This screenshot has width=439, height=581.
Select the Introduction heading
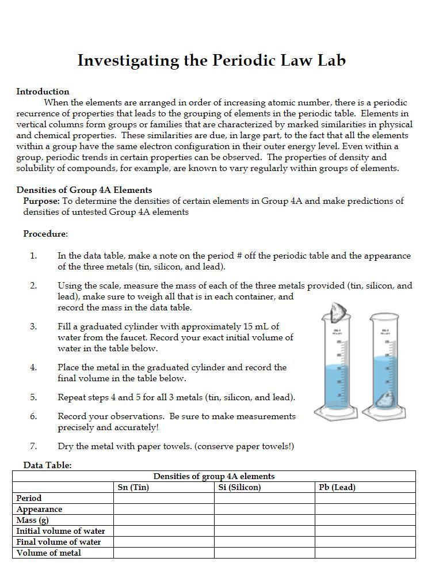43,92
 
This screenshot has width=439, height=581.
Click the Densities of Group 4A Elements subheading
84,190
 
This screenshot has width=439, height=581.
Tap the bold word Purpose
41,201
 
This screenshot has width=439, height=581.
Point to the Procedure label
45,234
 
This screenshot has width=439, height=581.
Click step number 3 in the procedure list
33,326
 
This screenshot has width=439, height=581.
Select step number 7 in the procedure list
33,446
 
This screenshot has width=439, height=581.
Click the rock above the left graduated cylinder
335,313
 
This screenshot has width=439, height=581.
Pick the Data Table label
47,465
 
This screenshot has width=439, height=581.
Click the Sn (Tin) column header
133,487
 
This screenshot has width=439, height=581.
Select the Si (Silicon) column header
239,487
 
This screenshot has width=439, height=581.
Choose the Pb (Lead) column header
337,487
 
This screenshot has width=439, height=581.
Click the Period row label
29,498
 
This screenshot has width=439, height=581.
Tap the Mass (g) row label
32,520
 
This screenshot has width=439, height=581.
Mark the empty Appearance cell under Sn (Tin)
163,509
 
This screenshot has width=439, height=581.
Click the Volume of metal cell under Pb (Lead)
365,553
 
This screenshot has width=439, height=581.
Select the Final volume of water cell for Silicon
264,542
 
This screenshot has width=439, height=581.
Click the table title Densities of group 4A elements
213,476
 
